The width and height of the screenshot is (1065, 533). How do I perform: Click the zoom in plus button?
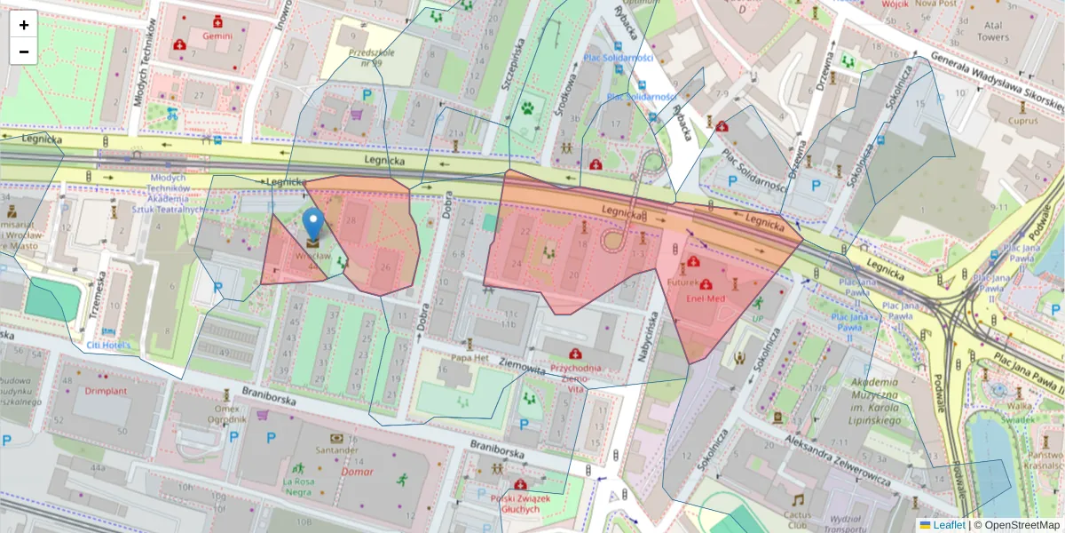[24, 25]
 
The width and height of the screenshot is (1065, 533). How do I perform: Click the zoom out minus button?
[24, 52]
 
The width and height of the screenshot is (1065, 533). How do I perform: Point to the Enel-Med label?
[706, 298]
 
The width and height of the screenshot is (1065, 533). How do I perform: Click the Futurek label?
[683, 282]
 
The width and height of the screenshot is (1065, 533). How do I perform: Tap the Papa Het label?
[469, 358]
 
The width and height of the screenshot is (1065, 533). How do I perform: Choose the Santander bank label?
[335, 450]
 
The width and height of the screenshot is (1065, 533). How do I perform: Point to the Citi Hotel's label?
[108, 345]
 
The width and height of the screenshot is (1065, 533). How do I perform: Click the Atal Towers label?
[993, 31]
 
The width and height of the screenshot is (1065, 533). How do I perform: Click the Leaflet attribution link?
[948, 525]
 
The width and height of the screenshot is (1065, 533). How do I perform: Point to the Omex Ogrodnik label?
[226, 413]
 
